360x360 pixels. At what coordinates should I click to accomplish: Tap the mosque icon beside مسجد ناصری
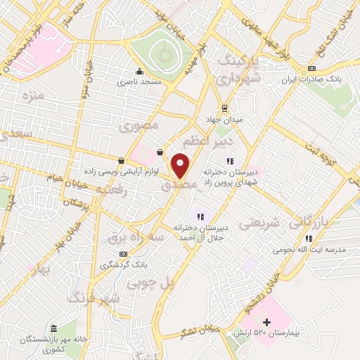tap(140, 70)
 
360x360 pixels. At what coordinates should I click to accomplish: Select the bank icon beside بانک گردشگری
tap(124, 254)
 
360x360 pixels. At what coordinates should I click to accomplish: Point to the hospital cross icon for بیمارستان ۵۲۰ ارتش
tap(266, 322)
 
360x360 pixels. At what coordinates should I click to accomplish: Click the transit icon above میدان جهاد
tap(224, 108)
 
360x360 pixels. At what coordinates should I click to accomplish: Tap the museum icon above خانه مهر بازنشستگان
tap(54, 328)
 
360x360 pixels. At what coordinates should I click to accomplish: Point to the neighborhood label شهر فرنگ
tap(93, 299)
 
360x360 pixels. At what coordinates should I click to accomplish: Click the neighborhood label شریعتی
tap(259, 224)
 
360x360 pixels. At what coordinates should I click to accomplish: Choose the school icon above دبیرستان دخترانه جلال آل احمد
tap(200, 217)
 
